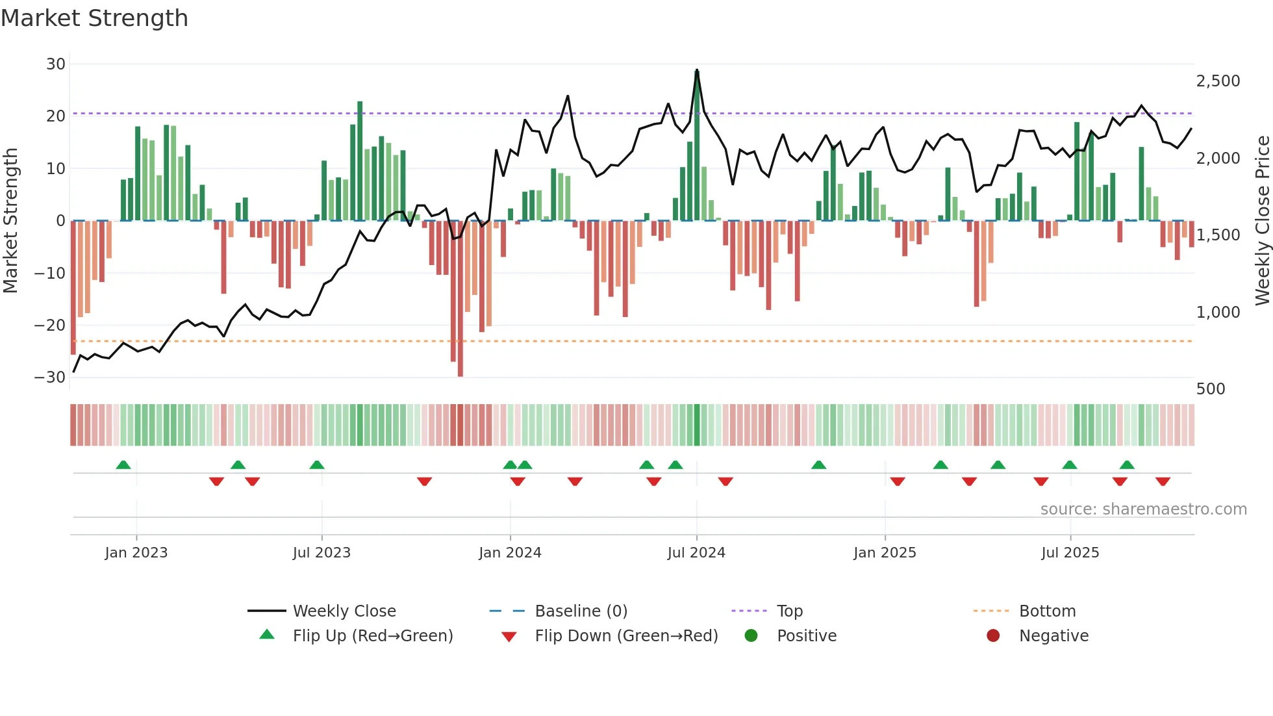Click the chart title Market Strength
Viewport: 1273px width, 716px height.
(94, 18)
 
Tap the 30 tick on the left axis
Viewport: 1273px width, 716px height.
(56, 64)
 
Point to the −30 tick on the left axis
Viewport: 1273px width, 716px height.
(50, 377)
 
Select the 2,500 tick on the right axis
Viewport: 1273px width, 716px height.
(1218, 81)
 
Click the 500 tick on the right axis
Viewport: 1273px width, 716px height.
(1211, 389)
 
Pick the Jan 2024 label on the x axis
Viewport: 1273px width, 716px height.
(510, 553)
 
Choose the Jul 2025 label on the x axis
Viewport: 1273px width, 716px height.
(1070, 553)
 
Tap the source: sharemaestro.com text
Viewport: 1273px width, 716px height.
(1143, 509)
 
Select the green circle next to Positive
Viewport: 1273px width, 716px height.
(751, 636)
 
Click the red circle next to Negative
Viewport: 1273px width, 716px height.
(993, 636)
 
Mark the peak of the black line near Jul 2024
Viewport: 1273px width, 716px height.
(697, 70)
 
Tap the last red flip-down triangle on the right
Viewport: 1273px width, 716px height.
(1163, 481)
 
